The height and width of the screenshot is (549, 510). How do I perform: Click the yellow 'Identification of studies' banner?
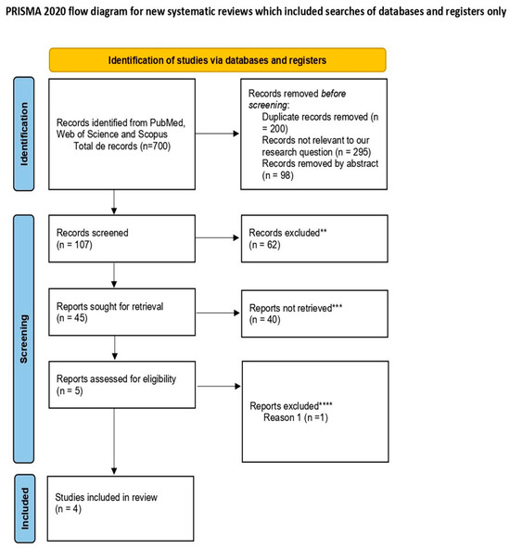tap(217, 60)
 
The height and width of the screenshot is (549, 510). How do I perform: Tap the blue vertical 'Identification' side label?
tap(24, 134)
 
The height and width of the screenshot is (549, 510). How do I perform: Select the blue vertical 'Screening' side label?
tap(24, 338)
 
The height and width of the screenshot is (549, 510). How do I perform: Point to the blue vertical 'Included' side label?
tap(25, 508)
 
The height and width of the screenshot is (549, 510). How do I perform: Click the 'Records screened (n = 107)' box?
tap(121, 238)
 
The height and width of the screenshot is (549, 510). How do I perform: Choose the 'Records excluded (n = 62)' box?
tap(314, 238)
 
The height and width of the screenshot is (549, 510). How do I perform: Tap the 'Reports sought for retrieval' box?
tap(121, 312)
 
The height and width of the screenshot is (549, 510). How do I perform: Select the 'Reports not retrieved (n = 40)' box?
tap(314, 313)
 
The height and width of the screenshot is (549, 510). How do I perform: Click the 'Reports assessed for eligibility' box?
tap(121, 385)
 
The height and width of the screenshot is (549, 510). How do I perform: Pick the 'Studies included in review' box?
tap(121, 508)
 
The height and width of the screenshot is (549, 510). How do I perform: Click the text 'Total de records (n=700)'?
tap(121, 146)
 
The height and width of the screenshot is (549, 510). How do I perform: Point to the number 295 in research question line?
tap(361, 151)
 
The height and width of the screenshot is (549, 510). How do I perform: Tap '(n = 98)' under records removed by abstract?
tap(277, 175)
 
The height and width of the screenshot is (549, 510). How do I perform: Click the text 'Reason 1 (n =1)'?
tap(296, 417)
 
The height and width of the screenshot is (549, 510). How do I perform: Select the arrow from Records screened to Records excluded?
tap(217, 237)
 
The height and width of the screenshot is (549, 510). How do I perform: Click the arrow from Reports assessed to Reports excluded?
tap(219, 386)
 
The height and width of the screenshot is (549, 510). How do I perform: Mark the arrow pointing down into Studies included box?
tap(114, 441)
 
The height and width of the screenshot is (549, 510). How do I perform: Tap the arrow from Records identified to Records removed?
tap(217, 134)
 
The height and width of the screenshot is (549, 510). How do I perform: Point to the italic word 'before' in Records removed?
tap(333, 94)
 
